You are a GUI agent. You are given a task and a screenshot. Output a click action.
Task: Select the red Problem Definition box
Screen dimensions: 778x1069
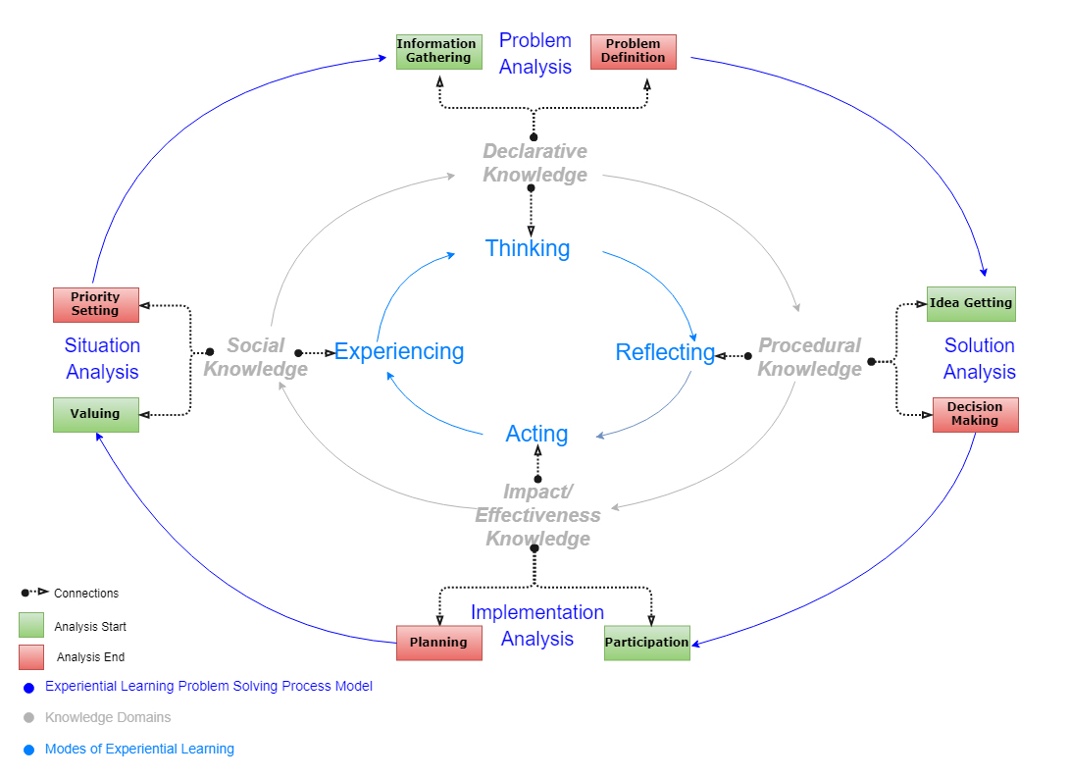pos(633,52)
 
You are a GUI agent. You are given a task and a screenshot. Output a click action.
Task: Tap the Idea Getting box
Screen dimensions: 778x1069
pos(971,303)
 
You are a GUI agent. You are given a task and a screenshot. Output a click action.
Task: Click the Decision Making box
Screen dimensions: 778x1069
pos(975,414)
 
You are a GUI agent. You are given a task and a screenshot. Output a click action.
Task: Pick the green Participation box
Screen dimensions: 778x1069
pos(646,643)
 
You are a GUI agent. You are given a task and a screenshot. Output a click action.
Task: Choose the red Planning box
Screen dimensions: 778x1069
pos(438,643)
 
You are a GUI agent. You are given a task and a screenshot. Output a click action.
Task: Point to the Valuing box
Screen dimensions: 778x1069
pos(95,414)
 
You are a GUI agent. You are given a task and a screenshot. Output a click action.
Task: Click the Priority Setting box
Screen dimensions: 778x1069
pos(95,304)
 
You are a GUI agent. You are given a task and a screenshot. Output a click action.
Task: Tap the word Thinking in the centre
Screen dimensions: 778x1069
pos(528,248)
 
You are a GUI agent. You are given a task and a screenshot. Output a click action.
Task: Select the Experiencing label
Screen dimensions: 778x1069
pos(399,351)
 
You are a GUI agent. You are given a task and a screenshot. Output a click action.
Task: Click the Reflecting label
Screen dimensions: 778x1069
pos(665,352)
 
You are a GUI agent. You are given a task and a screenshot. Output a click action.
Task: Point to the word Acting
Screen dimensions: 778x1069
pos(536,434)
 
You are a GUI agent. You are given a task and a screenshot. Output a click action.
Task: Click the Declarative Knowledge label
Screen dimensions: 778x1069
pos(535,163)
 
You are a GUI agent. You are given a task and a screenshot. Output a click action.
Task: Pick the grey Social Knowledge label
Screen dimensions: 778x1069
pos(256,357)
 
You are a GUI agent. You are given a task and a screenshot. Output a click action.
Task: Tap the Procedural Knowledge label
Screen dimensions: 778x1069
pos(809,357)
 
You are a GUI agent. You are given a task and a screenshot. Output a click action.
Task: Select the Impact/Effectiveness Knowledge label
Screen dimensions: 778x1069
pos(538,515)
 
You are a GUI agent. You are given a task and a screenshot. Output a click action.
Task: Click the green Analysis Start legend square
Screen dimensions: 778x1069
pos(31,625)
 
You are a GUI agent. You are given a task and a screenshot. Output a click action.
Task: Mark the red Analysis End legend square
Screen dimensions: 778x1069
pos(31,656)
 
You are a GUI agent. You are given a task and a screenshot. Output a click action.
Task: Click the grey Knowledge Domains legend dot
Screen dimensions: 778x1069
pos(28,718)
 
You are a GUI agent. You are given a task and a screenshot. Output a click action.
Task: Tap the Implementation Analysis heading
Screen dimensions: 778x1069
pos(536,625)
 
